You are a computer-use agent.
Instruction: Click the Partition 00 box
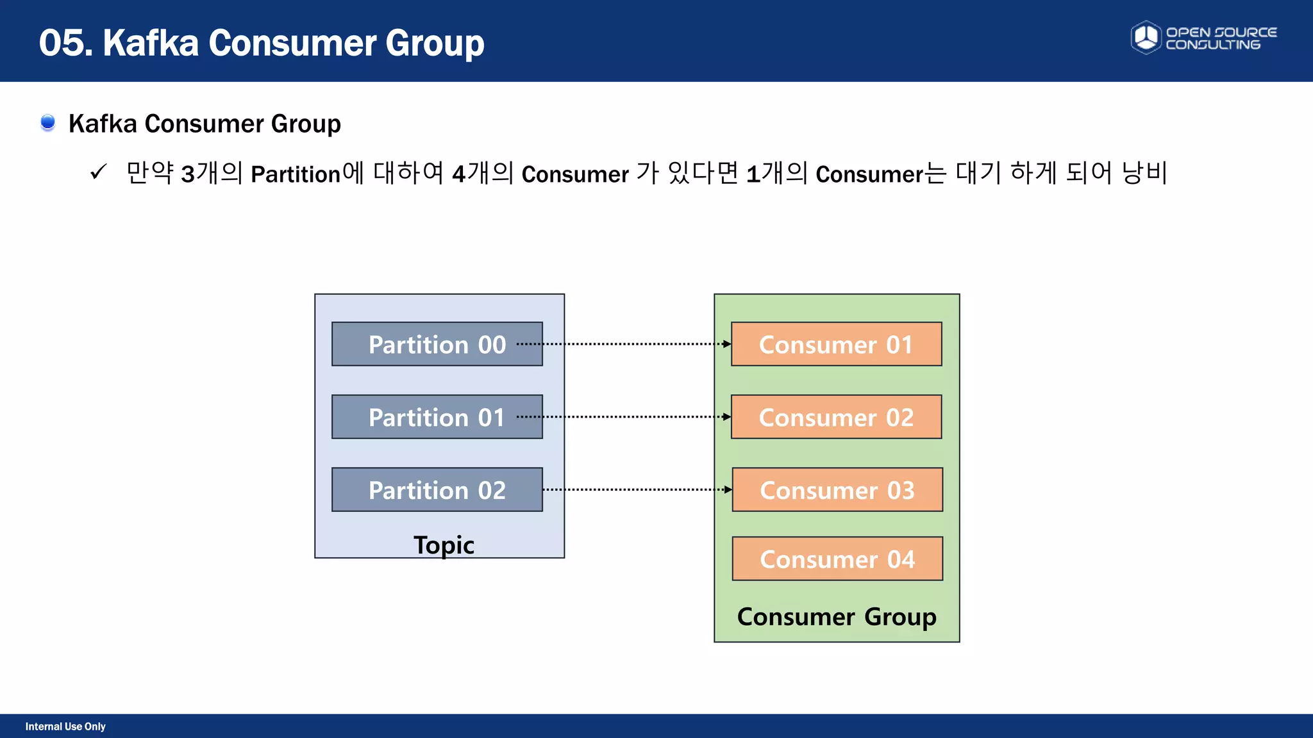(x=437, y=344)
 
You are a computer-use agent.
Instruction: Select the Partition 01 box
(x=437, y=417)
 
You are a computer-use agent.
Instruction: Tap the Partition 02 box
(x=437, y=490)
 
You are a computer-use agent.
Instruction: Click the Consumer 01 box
(x=836, y=344)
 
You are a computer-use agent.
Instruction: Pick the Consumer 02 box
(x=836, y=417)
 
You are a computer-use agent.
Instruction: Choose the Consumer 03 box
(x=837, y=490)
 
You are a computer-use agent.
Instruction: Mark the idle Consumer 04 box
(x=837, y=559)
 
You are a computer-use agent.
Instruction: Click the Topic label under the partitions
(x=444, y=545)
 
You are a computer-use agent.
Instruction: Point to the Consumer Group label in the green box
(x=837, y=617)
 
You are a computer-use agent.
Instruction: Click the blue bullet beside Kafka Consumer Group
(x=48, y=122)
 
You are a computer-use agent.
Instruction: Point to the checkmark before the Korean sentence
(x=98, y=172)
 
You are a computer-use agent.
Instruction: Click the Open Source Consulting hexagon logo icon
(x=1146, y=38)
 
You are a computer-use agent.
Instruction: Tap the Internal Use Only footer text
(x=65, y=726)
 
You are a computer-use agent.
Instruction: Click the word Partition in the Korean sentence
(x=296, y=174)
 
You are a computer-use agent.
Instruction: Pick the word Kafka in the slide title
(x=151, y=43)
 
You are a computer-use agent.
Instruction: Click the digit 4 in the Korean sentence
(x=458, y=174)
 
